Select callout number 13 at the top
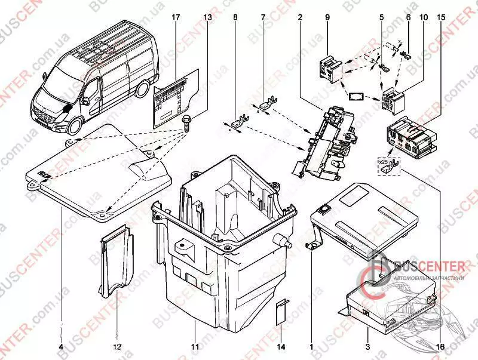tap(207, 18)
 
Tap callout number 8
tap(235, 18)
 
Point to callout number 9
tap(327, 18)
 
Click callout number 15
tap(441, 18)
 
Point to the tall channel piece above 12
tap(117, 261)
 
